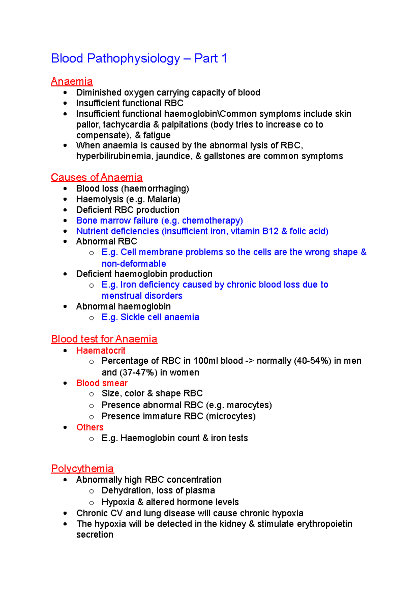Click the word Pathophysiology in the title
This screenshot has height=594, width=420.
click(133, 58)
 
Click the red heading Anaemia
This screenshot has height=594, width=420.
click(72, 82)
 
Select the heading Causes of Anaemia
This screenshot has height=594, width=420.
click(97, 177)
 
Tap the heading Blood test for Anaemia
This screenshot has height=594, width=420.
click(104, 339)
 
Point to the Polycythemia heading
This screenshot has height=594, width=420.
click(82, 468)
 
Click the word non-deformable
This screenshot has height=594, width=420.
click(134, 264)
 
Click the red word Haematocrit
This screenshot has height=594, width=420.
click(101, 351)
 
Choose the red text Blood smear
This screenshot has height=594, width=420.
click(102, 383)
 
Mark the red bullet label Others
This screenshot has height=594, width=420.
click(90, 427)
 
